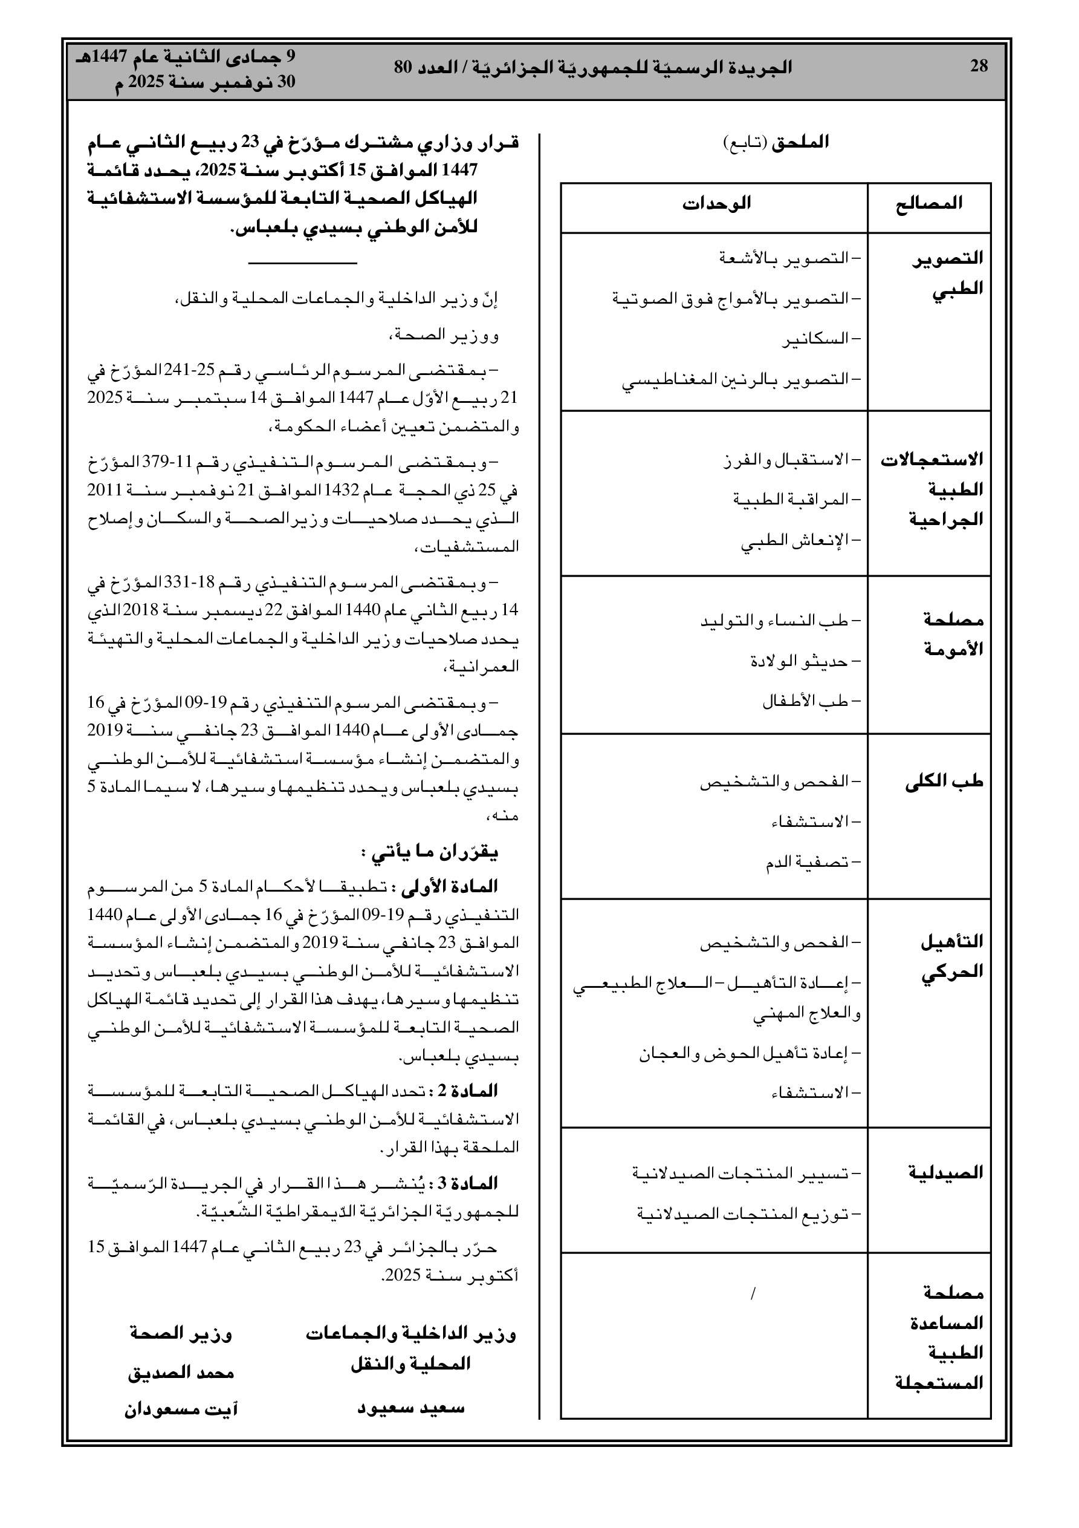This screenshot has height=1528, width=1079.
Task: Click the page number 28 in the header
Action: [x=979, y=67]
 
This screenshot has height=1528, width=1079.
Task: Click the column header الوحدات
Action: [x=716, y=204]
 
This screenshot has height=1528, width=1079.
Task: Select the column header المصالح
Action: [x=928, y=204]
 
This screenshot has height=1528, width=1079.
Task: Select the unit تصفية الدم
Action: [x=812, y=863]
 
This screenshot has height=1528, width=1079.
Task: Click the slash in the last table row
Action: [x=753, y=1295]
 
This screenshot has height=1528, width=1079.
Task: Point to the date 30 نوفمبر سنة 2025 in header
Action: [x=205, y=82]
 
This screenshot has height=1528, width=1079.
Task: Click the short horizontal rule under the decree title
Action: [x=303, y=264]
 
